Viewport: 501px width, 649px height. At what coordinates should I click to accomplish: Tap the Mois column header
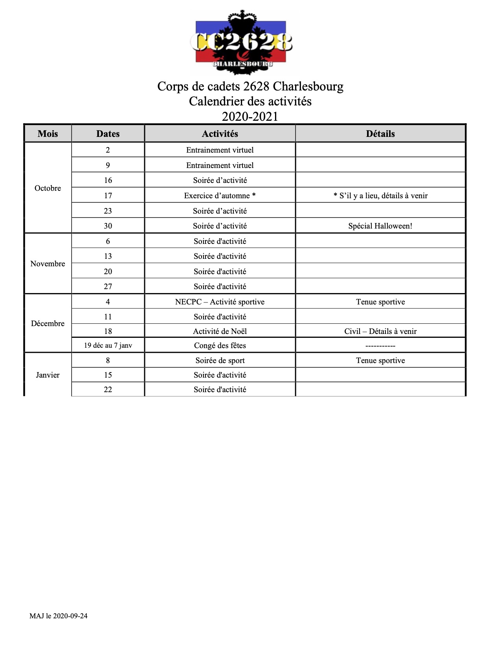(48, 134)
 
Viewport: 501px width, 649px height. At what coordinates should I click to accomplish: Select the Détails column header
(380, 134)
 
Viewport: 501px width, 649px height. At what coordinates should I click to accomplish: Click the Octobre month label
(48, 188)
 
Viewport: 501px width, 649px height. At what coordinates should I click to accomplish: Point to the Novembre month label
(48, 264)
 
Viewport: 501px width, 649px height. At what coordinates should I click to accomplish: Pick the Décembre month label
(48, 323)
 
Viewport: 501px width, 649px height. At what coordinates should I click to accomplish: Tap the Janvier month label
(48, 375)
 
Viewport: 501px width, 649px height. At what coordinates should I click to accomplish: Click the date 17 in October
(108, 195)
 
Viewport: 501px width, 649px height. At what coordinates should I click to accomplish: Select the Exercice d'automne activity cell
(220, 195)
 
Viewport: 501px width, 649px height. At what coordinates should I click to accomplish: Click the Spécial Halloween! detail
(380, 226)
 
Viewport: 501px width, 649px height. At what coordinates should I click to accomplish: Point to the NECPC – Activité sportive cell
(220, 302)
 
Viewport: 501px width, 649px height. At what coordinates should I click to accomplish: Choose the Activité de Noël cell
(220, 331)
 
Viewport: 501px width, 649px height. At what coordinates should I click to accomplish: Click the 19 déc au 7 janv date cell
(108, 345)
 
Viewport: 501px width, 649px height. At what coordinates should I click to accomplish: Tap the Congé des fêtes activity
(220, 345)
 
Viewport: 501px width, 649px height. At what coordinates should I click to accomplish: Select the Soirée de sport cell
(220, 360)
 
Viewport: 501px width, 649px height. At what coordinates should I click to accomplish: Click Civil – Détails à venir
(380, 331)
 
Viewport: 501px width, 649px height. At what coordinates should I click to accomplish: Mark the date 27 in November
(108, 286)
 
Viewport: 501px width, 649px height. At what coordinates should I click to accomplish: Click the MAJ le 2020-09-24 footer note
(58, 616)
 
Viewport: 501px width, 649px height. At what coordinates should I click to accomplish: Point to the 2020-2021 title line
(250, 116)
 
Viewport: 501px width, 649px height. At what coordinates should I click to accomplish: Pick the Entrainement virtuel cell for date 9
(220, 165)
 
